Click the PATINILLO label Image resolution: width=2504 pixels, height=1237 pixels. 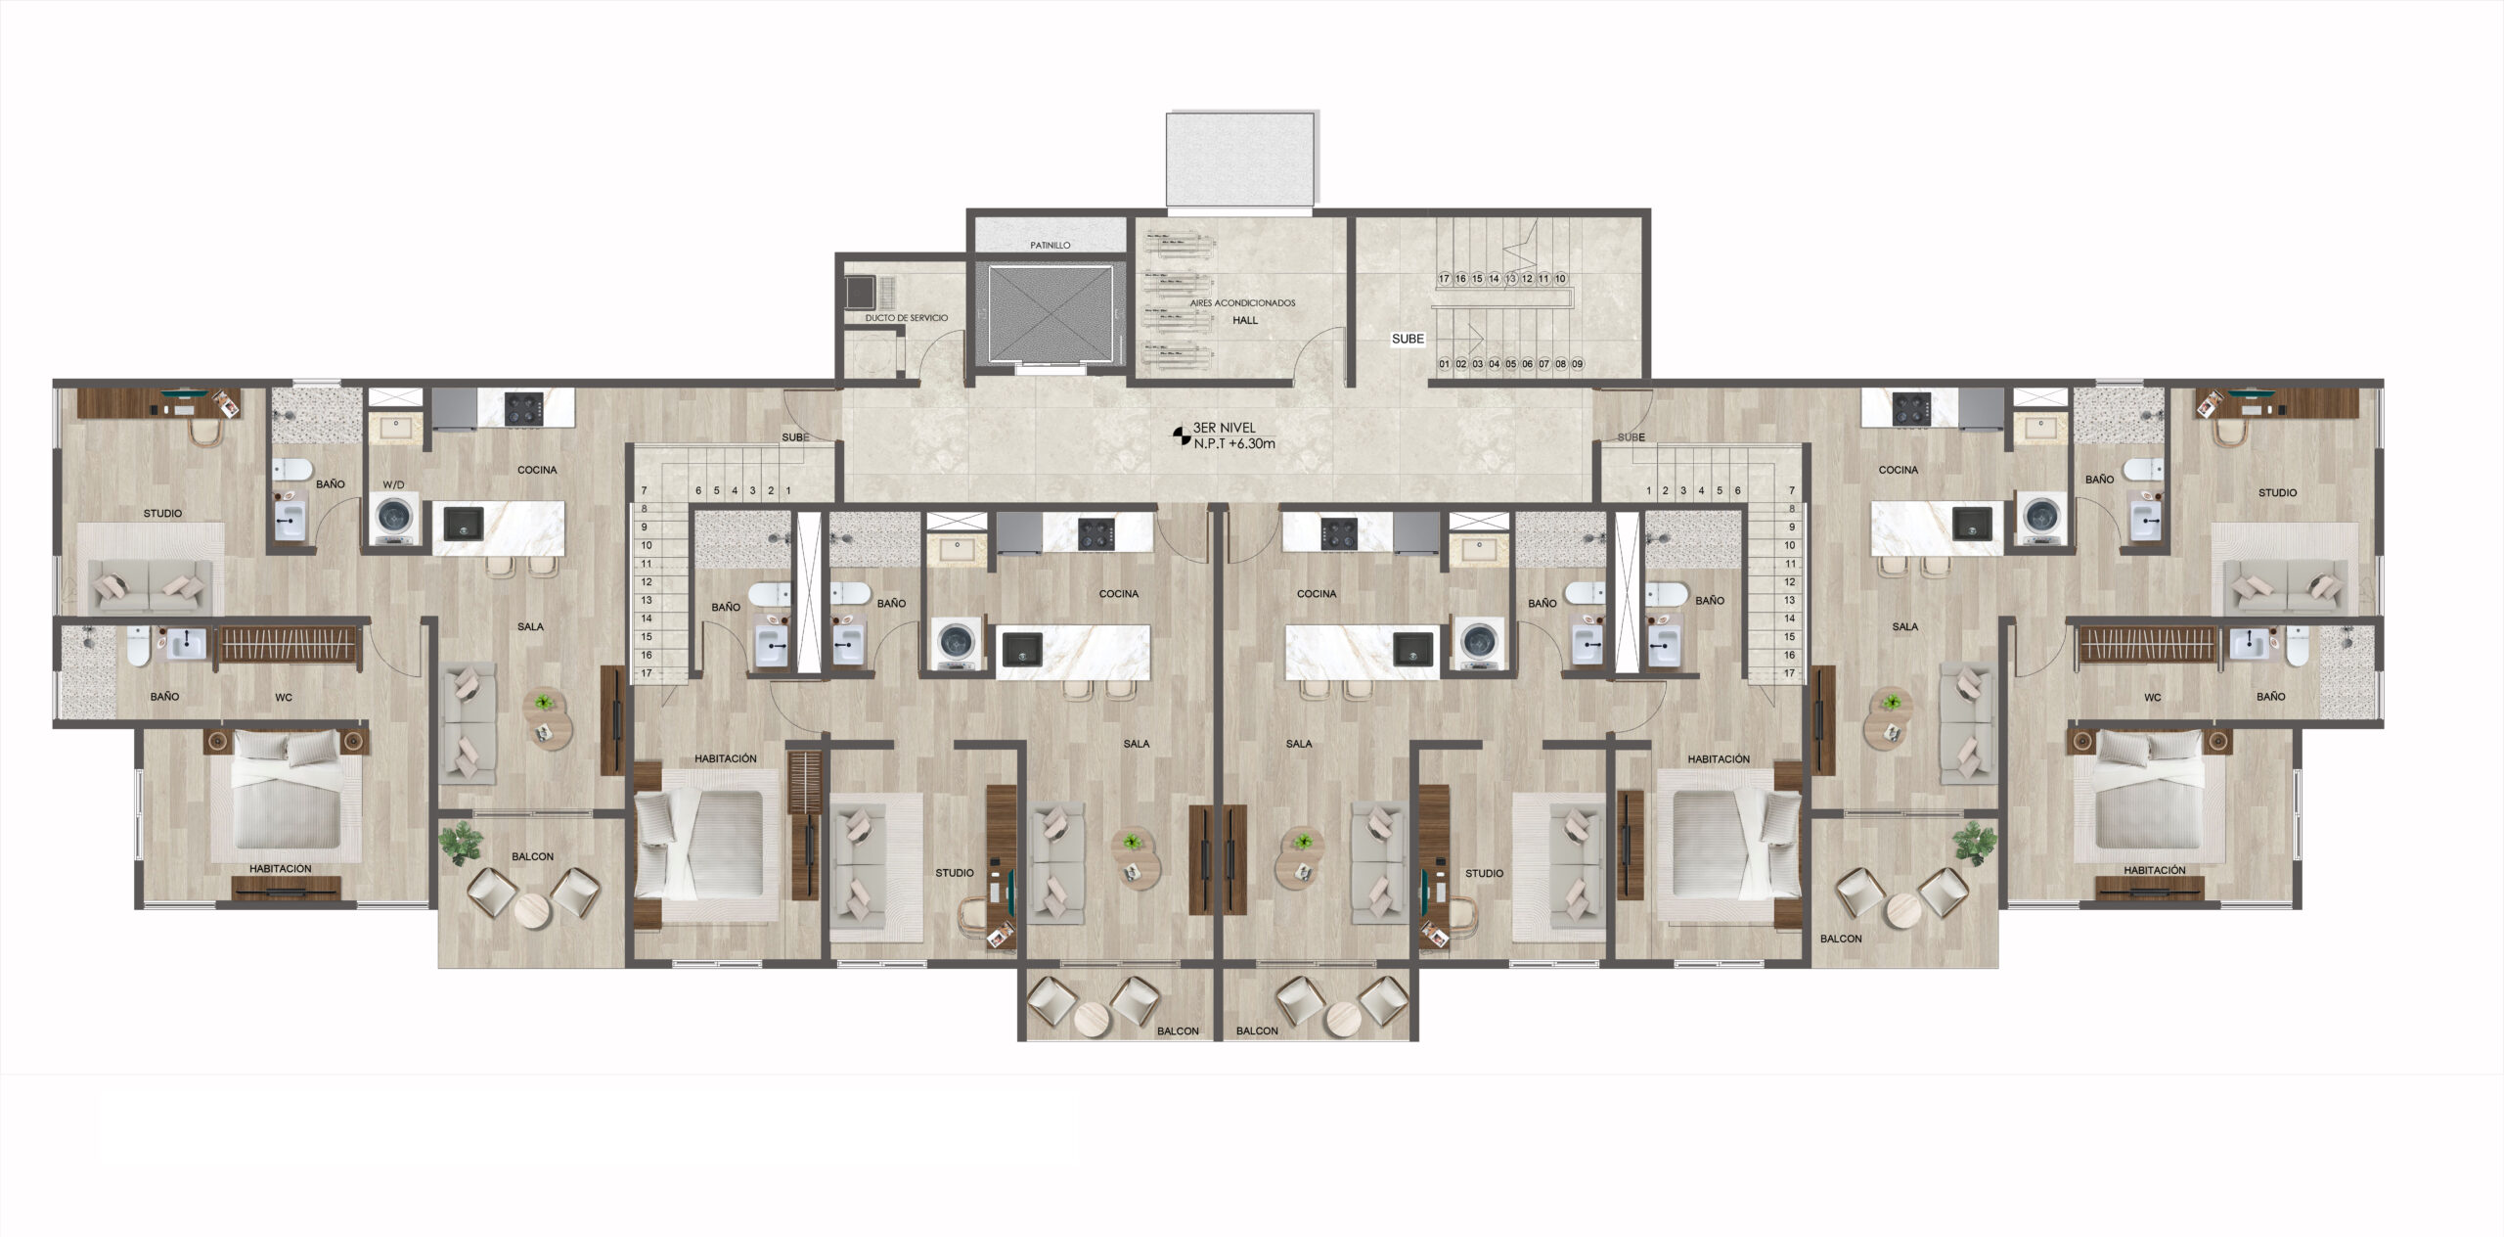[x=1051, y=246]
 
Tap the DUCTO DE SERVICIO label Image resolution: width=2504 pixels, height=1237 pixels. [x=906, y=318]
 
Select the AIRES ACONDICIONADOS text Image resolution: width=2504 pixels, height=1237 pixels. [x=1242, y=303]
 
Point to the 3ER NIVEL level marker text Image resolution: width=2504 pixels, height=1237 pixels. [x=1224, y=428]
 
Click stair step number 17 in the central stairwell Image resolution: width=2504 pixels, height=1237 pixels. [x=1444, y=279]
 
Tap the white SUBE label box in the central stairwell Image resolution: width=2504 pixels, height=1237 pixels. [x=1408, y=339]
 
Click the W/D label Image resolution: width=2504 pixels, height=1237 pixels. [x=393, y=484]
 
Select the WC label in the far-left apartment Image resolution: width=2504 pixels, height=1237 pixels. [x=284, y=698]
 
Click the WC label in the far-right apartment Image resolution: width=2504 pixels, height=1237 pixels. [x=2152, y=698]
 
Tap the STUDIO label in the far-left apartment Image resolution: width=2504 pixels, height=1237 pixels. [x=162, y=513]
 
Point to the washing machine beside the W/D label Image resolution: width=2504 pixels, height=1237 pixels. [x=395, y=518]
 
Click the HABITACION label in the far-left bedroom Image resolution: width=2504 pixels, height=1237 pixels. [x=280, y=868]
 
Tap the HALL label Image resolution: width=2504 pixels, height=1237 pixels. [x=1245, y=320]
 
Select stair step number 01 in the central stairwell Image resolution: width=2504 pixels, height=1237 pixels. [x=1444, y=364]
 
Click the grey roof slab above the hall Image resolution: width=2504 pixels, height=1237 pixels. [x=1240, y=159]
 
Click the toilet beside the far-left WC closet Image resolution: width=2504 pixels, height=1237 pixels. [x=137, y=647]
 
